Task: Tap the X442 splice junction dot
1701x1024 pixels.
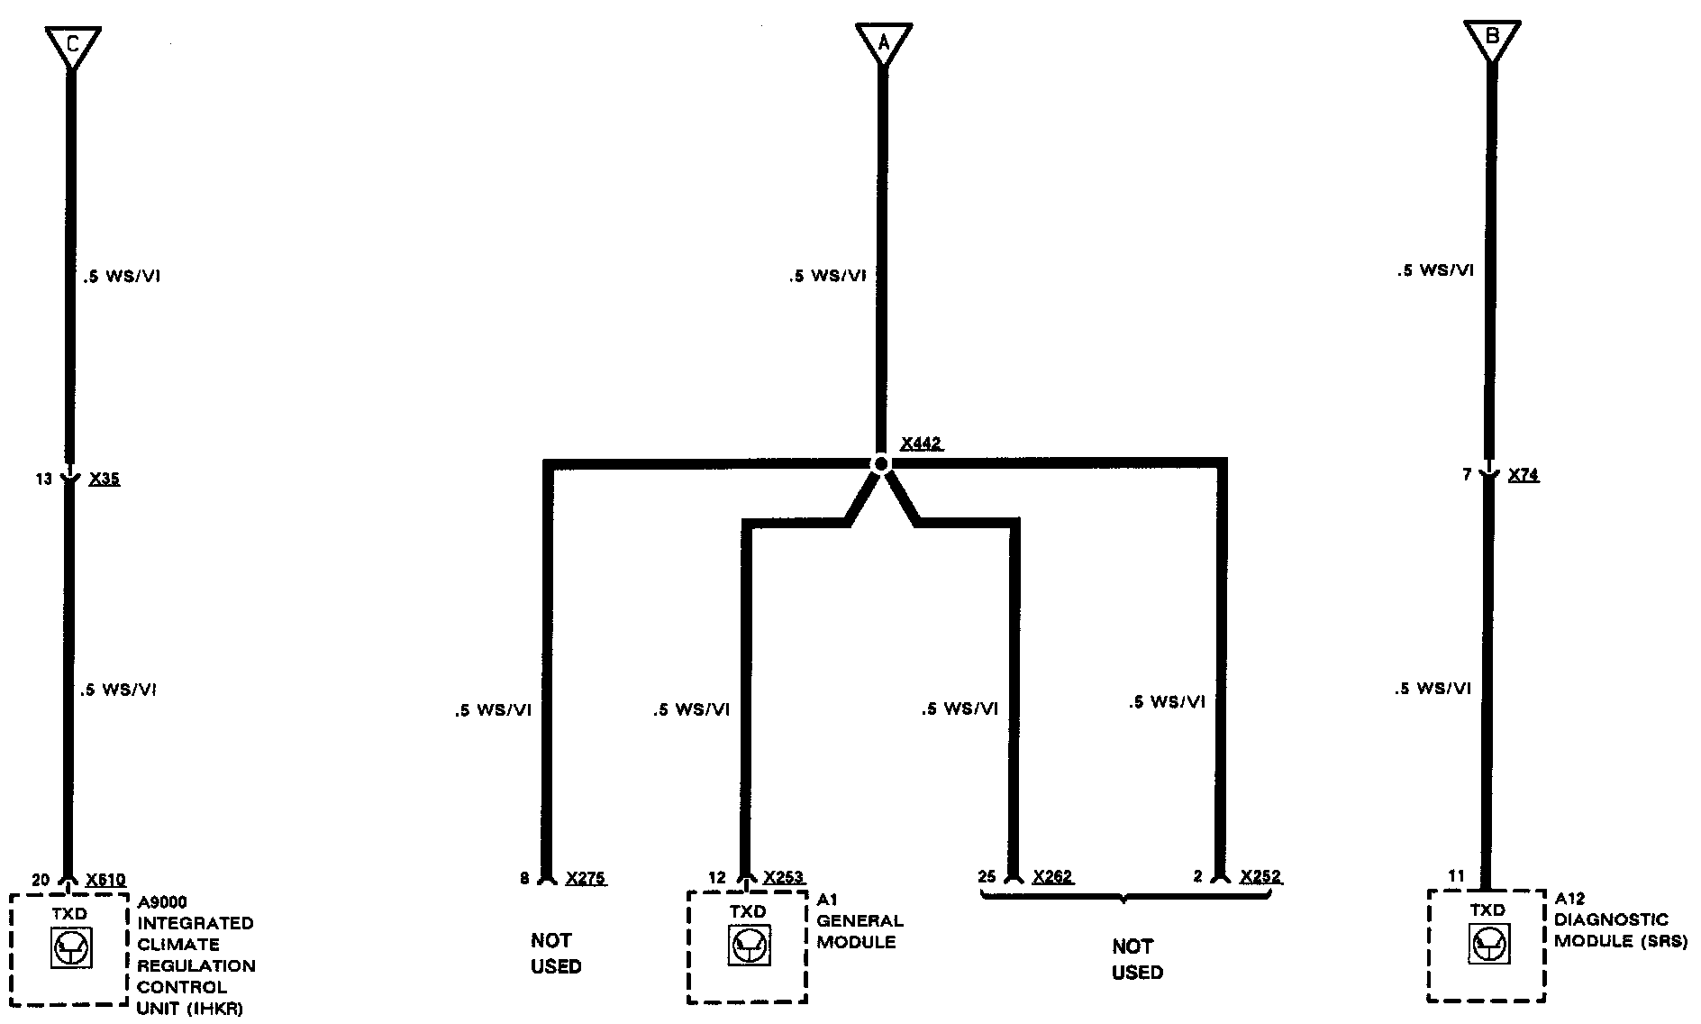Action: pyautogui.click(x=881, y=463)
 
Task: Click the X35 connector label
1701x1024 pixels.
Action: pyautogui.click(x=105, y=479)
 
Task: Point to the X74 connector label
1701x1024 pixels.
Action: pyautogui.click(x=1524, y=475)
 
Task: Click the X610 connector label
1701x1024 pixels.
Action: pyautogui.click(x=105, y=880)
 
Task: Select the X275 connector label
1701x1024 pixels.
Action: pyautogui.click(x=586, y=878)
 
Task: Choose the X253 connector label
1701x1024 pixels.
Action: pyautogui.click(x=783, y=877)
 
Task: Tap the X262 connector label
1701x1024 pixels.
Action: pyautogui.click(x=1052, y=876)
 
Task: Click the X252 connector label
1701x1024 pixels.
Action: pyautogui.click(x=1260, y=876)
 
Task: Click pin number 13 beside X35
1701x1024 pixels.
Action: pyautogui.click(x=44, y=480)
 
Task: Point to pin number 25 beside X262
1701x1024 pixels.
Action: pyautogui.click(x=987, y=876)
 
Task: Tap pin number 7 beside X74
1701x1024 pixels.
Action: pyautogui.click(x=1468, y=474)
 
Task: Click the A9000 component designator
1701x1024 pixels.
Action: pyautogui.click(x=163, y=902)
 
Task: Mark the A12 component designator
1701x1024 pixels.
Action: pyautogui.click(x=1569, y=899)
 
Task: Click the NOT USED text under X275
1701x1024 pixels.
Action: pyautogui.click(x=555, y=954)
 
